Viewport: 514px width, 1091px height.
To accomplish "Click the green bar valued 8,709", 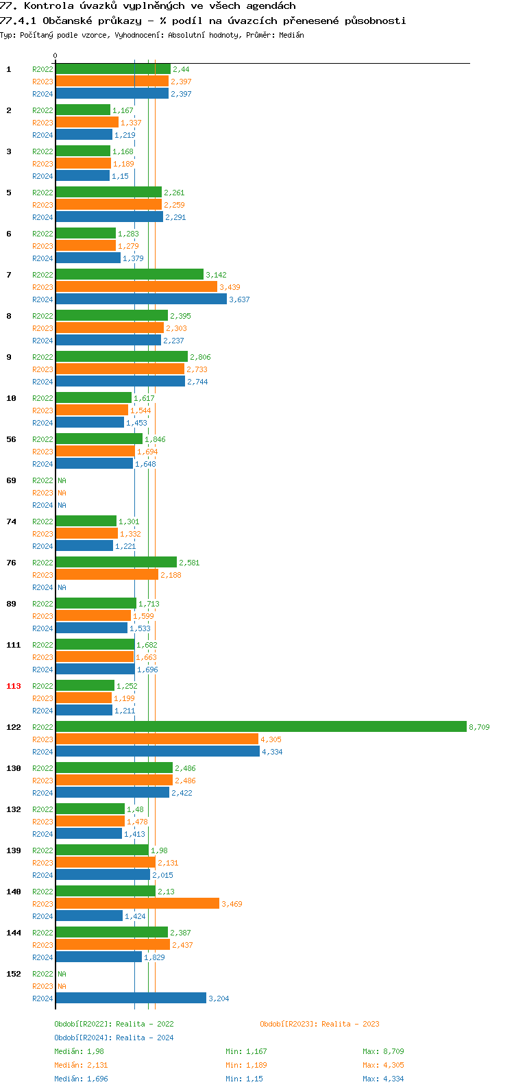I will click(x=260, y=726).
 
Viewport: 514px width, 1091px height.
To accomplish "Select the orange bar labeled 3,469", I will click(x=137, y=903).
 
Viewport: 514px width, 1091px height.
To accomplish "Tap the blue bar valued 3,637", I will click(x=140, y=299).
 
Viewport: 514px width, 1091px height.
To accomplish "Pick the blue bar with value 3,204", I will click(x=130, y=998).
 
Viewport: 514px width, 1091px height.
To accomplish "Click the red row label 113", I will click(x=14, y=686).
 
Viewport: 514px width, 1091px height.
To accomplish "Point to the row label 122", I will click(x=14, y=727).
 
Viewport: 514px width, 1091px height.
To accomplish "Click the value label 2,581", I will click(x=189, y=563).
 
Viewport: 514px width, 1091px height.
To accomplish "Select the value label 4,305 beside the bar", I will click(x=271, y=739).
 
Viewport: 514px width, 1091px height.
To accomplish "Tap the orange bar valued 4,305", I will click(x=156, y=739).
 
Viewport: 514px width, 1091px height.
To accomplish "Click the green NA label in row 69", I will click(x=62, y=480).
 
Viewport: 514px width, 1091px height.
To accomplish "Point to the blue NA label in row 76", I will click(x=62, y=587).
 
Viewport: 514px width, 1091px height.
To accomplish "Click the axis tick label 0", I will click(x=56, y=56).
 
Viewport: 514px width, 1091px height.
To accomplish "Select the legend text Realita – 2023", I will click(x=350, y=1024).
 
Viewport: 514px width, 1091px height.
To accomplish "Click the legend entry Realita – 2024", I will click(x=145, y=1038).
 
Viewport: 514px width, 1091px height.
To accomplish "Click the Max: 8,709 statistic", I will click(x=383, y=1051).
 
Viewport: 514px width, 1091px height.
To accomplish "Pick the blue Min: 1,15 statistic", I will click(x=246, y=1079).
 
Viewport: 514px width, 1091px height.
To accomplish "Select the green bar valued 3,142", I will click(x=129, y=274).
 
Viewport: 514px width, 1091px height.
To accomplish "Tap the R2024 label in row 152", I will click(x=42, y=998).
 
